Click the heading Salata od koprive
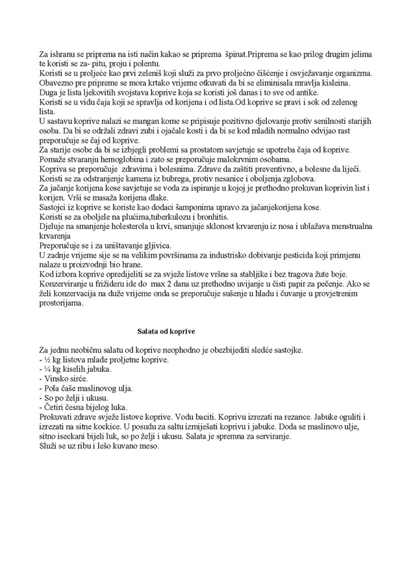(x=166, y=332)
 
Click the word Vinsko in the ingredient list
(x=57, y=378)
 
